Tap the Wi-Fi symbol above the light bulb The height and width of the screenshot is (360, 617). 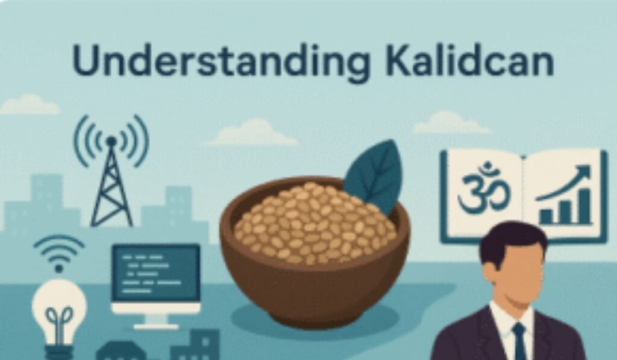pyautogui.click(x=59, y=253)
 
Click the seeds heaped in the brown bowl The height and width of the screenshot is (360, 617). pyautogui.click(x=314, y=223)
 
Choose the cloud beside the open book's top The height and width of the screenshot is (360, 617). pyautogui.click(x=451, y=122)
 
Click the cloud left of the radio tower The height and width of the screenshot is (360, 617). pyautogui.click(x=30, y=104)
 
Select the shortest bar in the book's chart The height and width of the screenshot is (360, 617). pyautogui.click(x=546, y=216)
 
